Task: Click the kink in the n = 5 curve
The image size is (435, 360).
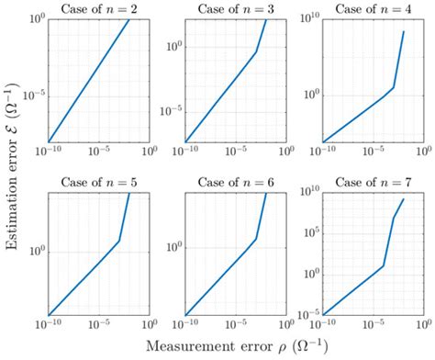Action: coord(119,241)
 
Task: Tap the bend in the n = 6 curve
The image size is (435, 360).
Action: coord(256,240)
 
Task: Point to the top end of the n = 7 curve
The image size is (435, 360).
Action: coord(404,198)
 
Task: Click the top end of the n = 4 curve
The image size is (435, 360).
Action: coord(404,32)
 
